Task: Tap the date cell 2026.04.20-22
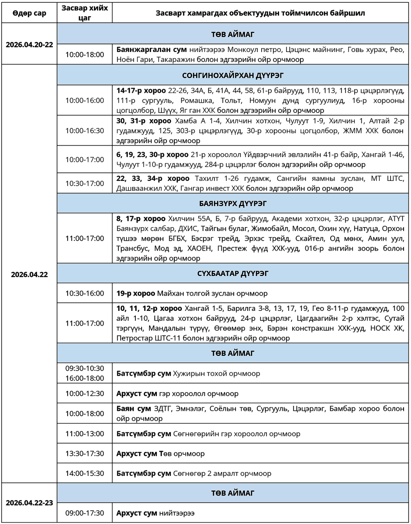pyautogui.click(x=29, y=45)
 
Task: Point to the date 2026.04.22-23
pyautogui.click(x=29, y=503)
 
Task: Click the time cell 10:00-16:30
pyautogui.click(x=85, y=131)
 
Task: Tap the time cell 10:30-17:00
pyautogui.click(x=85, y=183)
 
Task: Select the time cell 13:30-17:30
pyautogui.click(x=85, y=453)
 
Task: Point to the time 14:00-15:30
pyautogui.click(x=85, y=473)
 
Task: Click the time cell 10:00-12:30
pyautogui.click(x=85, y=393)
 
